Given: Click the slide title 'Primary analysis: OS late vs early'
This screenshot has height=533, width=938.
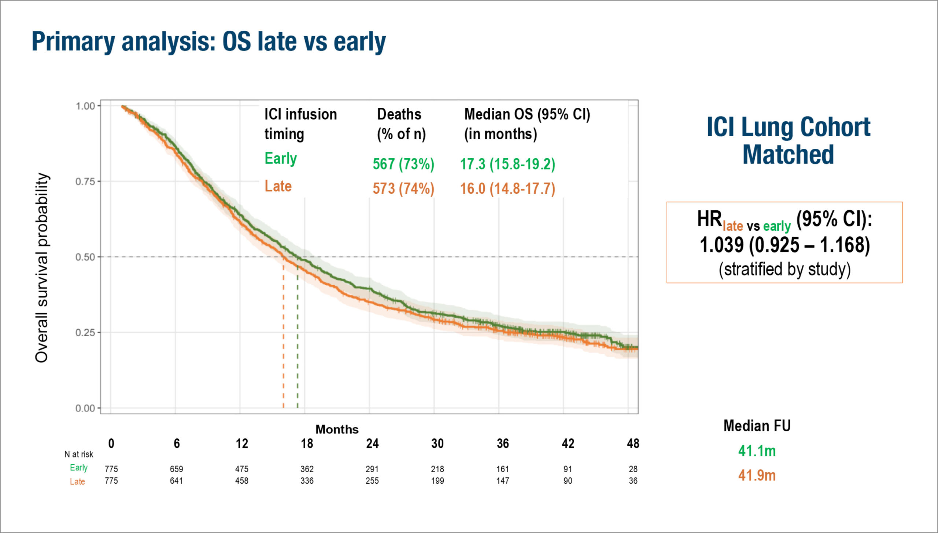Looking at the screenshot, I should [208, 42].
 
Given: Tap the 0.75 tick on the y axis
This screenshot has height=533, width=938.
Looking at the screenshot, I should [85, 182].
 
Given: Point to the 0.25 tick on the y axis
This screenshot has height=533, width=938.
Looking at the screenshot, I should [85, 333].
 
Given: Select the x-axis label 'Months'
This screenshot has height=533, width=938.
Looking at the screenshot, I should [337, 429].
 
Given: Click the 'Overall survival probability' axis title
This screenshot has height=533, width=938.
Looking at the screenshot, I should [42, 267].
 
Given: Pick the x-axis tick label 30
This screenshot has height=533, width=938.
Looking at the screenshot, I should [437, 444].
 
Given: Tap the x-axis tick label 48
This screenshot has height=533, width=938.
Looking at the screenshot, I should [633, 444].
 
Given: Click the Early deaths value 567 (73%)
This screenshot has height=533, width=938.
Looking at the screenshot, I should [403, 164].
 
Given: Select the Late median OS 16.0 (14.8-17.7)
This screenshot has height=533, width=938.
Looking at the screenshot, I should [507, 189].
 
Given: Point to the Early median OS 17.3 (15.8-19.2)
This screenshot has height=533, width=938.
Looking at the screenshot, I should [507, 164].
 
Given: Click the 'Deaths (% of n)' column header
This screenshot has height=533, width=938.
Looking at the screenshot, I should [401, 124].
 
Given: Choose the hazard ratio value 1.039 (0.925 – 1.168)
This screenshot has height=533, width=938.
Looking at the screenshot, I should [784, 245].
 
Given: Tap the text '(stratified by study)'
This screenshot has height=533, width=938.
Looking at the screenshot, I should [784, 269].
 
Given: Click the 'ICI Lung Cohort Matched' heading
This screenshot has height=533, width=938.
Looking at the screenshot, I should [788, 141].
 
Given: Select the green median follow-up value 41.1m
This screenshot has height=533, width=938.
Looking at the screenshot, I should [757, 451].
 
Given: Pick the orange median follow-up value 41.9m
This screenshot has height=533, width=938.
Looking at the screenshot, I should [757, 475].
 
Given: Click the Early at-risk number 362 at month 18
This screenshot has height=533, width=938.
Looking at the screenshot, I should [307, 469].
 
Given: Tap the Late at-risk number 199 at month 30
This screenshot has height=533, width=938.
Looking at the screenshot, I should [437, 481].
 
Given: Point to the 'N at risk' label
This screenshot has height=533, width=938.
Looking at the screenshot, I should [79, 454].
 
